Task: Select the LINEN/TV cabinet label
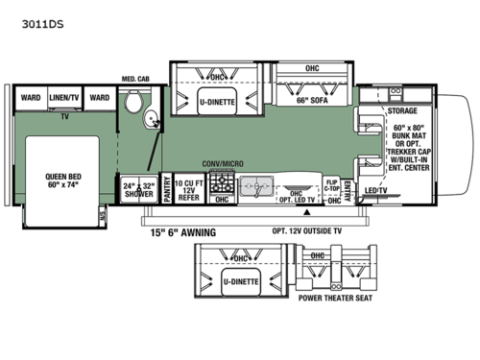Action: tap(64, 97)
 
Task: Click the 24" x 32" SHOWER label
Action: tap(138, 190)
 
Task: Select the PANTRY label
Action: tap(167, 189)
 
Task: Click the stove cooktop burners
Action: tap(222, 183)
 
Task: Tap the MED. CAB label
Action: tap(133, 78)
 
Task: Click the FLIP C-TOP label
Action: tap(331, 185)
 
